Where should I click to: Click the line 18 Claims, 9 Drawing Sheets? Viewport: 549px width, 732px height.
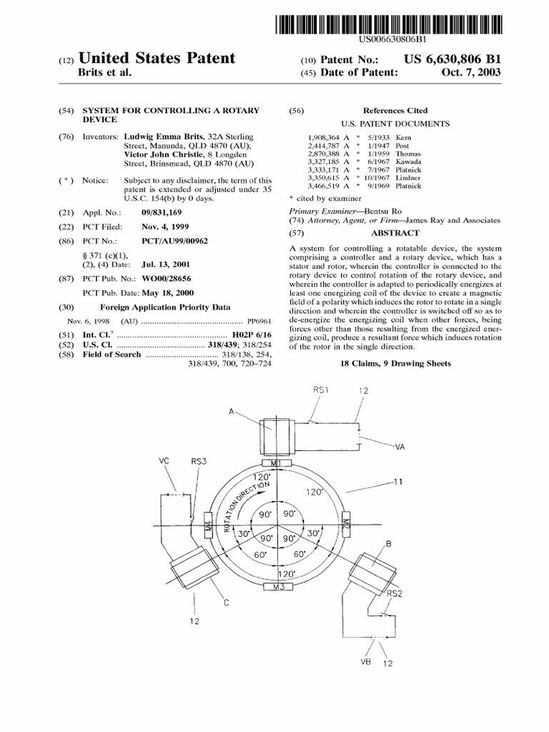[x=395, y=364]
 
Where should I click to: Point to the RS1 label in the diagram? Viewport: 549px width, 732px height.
[x=320, y=390]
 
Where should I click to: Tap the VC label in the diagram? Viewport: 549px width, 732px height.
[x=163, y=462]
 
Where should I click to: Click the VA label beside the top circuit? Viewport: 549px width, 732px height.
[x=399, y=447]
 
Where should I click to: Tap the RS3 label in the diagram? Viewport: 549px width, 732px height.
[x=198, y=462]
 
